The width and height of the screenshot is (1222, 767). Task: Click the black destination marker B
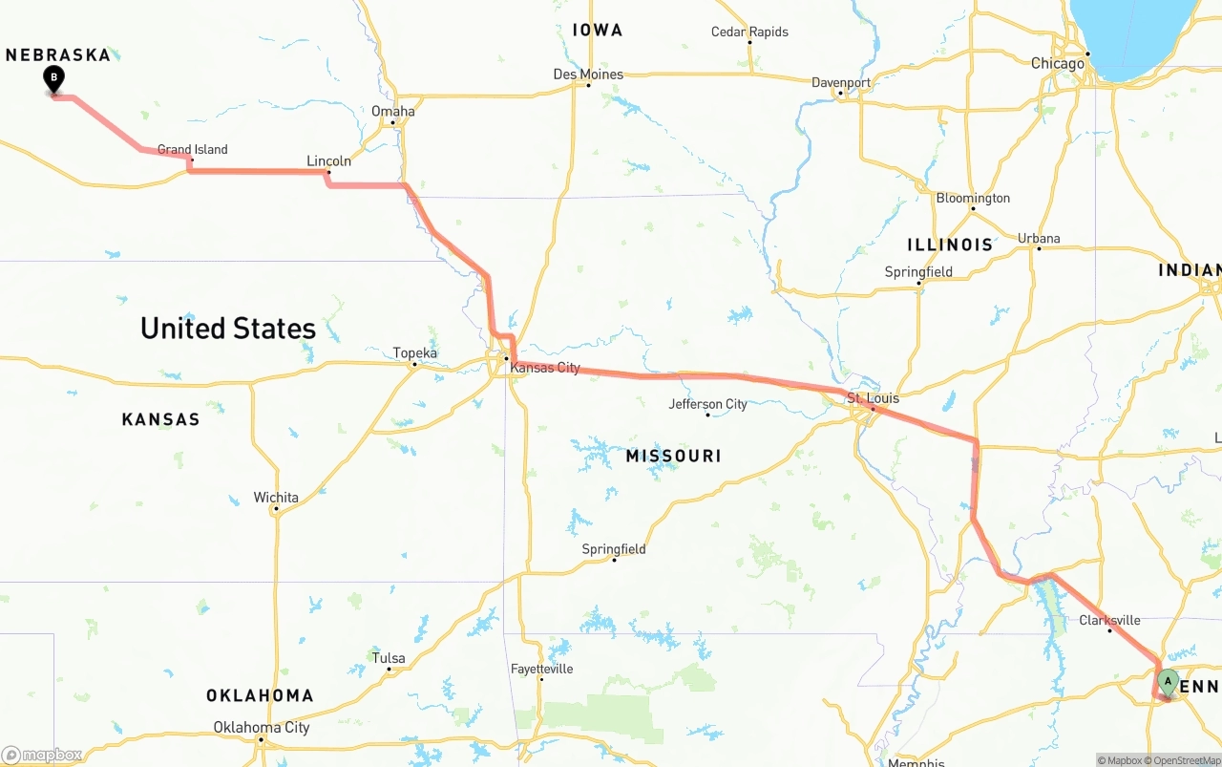click(54, 78)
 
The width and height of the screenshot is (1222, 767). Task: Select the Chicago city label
click(1057, 64)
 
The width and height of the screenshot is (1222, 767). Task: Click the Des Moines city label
click(588, 75)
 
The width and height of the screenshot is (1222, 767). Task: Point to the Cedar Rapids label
click(749, 32)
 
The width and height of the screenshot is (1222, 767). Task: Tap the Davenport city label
click(841, 83)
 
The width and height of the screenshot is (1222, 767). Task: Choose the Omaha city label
click(393, 112)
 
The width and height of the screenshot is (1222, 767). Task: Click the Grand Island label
click(192, 150)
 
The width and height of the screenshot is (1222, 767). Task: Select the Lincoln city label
click(328, 161)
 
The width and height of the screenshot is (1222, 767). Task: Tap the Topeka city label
click(415, 353)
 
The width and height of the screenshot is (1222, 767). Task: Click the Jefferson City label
click(707, 404)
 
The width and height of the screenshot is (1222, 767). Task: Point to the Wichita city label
click(276, 498)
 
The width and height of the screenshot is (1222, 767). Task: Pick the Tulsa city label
click(389, 658)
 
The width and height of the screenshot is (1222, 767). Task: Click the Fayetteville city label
click(541, 669)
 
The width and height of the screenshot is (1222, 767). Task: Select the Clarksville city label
click(1109, 620)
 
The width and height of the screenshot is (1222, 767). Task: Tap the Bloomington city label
click(973, 199)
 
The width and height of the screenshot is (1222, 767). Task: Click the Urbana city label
click(1039, 239)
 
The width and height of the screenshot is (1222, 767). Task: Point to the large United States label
click(228, 329)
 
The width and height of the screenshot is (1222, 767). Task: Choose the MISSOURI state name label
click(673, 457)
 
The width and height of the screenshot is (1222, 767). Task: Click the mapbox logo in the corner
click(42, 756)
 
